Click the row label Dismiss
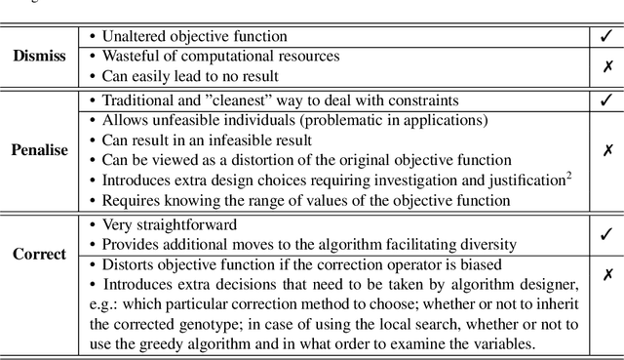coord(40,56)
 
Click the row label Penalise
coord(39,151)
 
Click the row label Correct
coord(40,255)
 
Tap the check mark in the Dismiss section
coord(606,37)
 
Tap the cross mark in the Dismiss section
coord(606,65)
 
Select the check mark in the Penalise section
coord(606,100)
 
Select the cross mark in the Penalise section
coord(606,151)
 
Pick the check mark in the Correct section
coord(606,234)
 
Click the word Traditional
coord(140,100)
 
